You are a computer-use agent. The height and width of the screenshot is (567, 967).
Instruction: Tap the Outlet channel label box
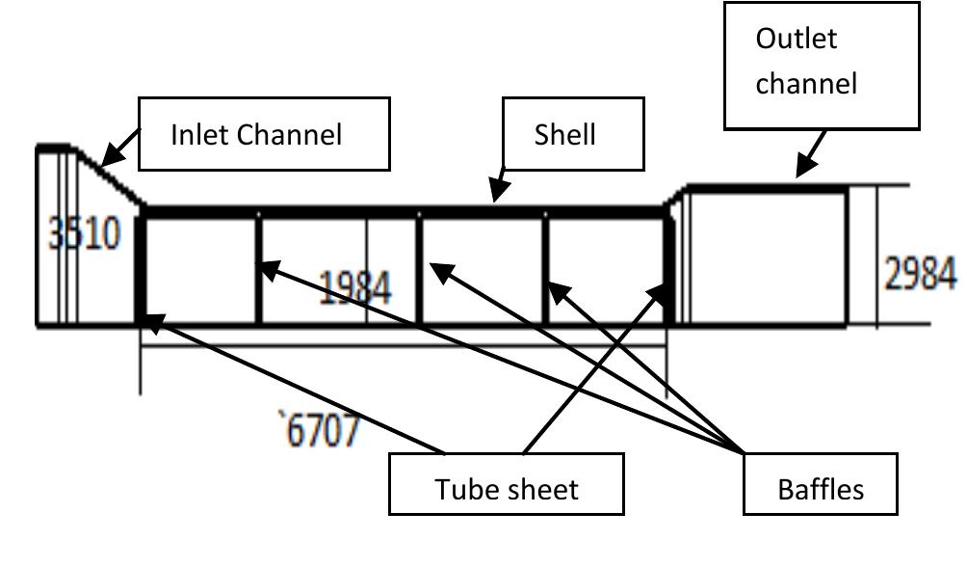821,65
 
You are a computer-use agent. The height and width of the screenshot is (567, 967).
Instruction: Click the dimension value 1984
354,286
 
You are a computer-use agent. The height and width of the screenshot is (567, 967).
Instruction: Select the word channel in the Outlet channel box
805,84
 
